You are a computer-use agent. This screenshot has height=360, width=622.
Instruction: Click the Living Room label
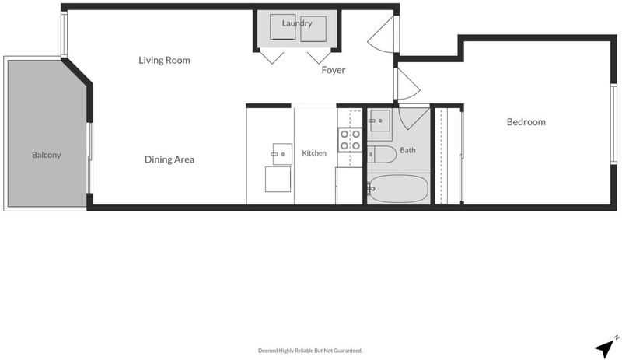coord(164,61)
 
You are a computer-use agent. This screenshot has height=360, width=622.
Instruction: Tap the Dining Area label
coord(169,159)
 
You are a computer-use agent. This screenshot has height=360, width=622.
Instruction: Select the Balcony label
coord(47,155)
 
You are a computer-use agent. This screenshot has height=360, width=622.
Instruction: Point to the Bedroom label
coord(526,122)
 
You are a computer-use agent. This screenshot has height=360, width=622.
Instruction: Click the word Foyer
coord(334,70)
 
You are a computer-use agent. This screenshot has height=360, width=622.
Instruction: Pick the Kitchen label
coord(314,153)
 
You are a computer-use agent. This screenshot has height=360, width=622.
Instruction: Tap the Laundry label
coord(297,23)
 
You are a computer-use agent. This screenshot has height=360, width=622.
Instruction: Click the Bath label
coord(407,150)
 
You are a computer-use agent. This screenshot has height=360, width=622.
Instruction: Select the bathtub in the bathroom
coord(398,189)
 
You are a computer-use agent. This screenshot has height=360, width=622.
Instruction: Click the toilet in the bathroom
coord(382,155)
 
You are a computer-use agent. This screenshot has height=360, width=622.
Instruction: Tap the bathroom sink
coord(379,121)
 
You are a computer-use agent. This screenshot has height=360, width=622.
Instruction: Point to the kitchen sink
coord(282,154)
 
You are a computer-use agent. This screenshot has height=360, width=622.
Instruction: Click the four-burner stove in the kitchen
coord(350,140)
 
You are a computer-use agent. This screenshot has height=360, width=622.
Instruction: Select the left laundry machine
coord(283,27)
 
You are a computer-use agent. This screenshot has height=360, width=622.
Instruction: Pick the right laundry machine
coord(313,29)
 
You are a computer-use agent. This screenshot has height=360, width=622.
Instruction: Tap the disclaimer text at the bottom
coord(310,351)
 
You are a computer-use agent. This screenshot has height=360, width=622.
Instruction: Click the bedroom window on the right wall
coord(613,124)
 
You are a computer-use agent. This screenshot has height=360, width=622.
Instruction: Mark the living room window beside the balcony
coord(64,33)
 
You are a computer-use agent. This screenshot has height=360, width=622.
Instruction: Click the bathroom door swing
coord(414,117)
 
